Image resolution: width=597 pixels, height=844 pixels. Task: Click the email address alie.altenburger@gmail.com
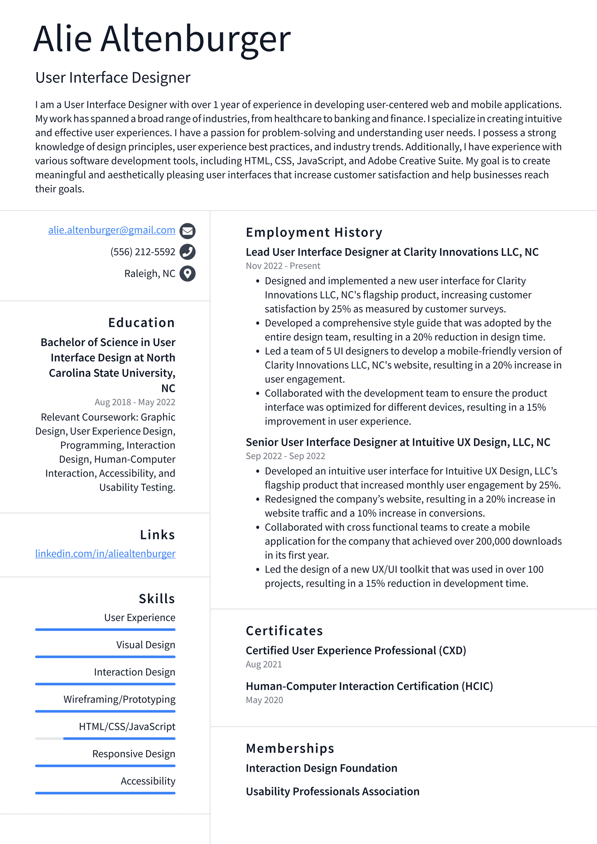(111, 230)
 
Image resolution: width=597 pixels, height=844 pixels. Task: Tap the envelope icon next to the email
(187, 231)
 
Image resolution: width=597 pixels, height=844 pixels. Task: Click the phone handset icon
(187, 252)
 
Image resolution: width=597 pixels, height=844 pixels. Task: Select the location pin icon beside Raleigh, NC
(187, 273)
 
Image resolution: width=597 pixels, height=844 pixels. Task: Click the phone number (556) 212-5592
(143, 252)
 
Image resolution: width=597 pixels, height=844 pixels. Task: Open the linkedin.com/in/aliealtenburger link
(105, 554)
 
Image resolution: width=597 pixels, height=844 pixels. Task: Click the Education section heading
(141, 323)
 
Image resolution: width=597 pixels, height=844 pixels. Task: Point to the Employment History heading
(314, 232)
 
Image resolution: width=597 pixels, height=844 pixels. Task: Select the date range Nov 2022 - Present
(283, 266)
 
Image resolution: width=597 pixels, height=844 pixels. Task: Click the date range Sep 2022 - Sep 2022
(285, 456)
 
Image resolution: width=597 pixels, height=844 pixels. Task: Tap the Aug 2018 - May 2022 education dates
(135, 402)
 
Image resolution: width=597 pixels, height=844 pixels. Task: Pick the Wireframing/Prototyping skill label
(119, 699)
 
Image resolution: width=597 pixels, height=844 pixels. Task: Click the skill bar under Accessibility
(105, 793)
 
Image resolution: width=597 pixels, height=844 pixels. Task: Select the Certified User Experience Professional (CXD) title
(355, 650)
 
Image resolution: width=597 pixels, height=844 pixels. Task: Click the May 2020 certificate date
(264, 700)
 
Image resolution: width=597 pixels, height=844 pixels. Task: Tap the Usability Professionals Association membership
(332, 791)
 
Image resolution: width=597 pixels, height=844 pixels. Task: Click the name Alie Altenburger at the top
(162, 39)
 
